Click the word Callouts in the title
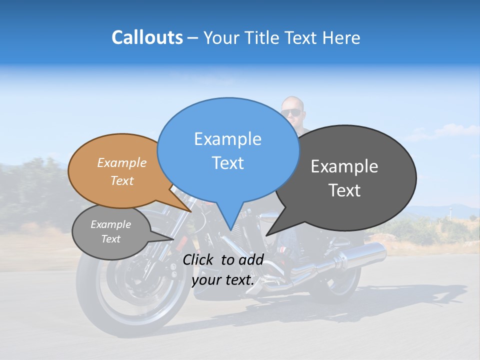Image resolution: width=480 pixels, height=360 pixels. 147,37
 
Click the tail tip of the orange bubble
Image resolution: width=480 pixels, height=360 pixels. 191,211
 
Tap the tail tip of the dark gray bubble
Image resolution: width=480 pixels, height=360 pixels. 266,235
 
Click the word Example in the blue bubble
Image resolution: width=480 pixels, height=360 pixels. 227,139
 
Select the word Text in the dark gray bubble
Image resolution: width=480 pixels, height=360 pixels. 344,190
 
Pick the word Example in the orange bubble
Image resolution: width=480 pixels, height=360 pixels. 121,163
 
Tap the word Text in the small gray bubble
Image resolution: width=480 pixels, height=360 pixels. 110,239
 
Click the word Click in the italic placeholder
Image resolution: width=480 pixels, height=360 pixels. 198,259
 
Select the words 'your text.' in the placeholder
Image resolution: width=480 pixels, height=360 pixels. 222,280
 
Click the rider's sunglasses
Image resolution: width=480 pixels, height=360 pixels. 291,112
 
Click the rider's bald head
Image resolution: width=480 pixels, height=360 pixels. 292,102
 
